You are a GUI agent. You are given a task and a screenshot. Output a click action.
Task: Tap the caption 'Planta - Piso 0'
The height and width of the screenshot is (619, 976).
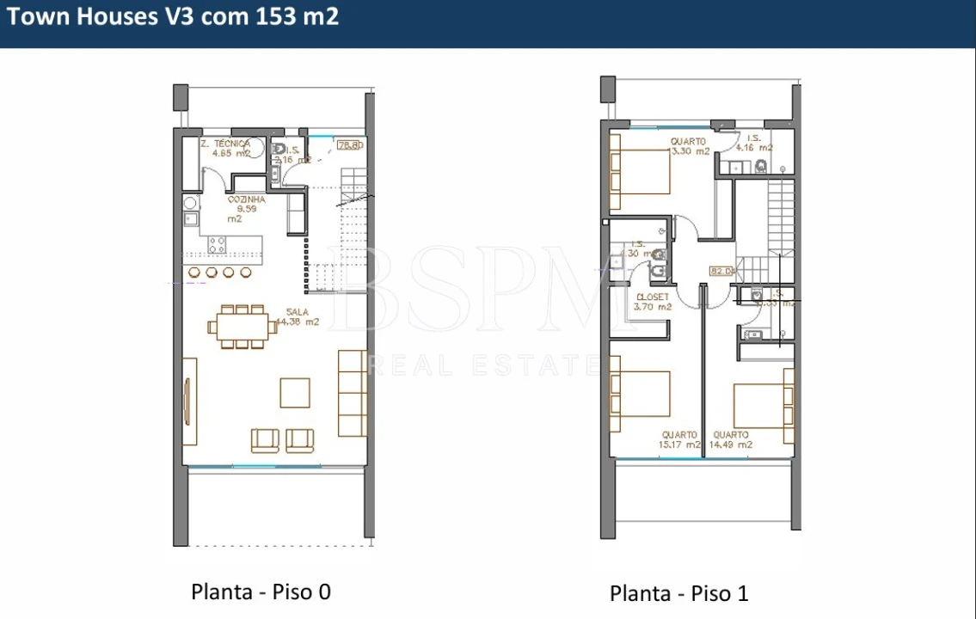tap(261, 591)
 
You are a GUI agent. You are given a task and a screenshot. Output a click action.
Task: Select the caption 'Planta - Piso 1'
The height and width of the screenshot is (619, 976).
tap(679, 593)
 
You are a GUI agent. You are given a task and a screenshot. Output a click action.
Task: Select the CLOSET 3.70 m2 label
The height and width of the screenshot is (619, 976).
tap(651, 301)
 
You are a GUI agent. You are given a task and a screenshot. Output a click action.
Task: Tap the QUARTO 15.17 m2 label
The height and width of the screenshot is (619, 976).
tap(679, 439)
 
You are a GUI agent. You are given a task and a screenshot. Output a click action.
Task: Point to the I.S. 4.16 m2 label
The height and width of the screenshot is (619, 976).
tap(754, 143)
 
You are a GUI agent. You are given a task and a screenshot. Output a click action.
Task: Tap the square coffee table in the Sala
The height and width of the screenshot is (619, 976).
tap(295, 392)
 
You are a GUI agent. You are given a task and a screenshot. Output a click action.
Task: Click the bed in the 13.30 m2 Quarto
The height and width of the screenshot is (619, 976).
tap(640, 171)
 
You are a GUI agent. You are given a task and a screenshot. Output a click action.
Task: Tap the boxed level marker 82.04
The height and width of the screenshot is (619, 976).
tap(722, 271)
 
